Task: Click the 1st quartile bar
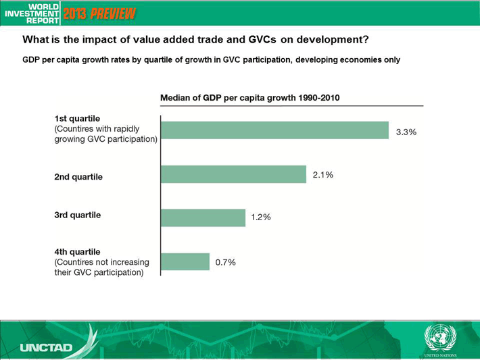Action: (274, 130)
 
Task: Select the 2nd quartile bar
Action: (233, 174)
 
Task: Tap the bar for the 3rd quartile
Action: (203, 217)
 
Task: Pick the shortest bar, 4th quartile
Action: (185, 261)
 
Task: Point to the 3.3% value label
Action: (406, 132)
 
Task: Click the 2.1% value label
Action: (323, 175)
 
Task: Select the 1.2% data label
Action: (261, 217)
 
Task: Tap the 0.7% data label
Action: (226, 263)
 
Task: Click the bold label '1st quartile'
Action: (77, 119)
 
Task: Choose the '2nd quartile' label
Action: (78, 177)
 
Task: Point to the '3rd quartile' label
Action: (78, 215)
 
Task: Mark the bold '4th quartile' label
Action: (77, 252)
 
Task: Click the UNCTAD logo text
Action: (46, 347)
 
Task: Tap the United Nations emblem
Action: (440, 338)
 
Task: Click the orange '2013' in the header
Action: (75, 14)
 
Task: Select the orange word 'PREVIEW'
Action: (113, 14)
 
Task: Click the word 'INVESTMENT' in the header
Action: (32, 14)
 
